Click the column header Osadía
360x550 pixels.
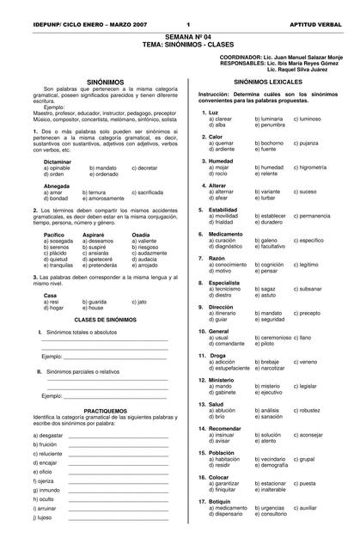(142, 234)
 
